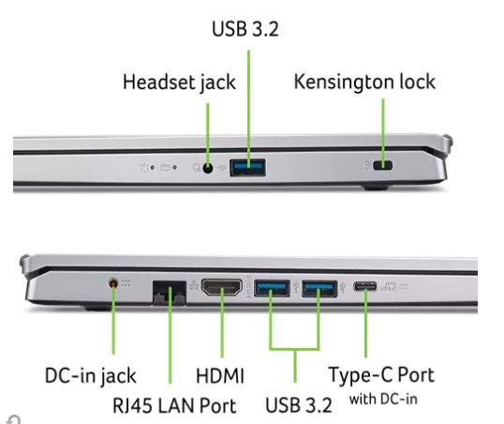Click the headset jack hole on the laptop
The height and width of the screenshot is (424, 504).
pyautogui.click(x=208, y=168)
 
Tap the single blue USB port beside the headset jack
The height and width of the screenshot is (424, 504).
pyautogui.click(x=247, y=167)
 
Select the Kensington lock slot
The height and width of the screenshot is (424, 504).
pyautogui.click(x=382, y=165)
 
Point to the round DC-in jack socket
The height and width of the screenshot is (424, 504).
pyautogui.click(x=113, y=283)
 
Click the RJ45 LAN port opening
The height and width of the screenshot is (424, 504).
pyautogui.click(x=170, y=293)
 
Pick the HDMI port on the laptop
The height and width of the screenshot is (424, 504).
pyautogui.click(x=222, y=287)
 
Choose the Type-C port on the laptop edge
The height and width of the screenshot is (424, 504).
pyautogui.click(x=365, y=286)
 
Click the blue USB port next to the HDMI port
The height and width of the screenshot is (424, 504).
pyautogui.click(x=272, y=288)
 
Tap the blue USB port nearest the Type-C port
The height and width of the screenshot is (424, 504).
pyautogui.click(x=319, y=289)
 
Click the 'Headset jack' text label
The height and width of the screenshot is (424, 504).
pyautogui.click(x=179, y=83)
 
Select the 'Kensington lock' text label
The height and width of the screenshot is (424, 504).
pyautogui.click(x=364, y=82)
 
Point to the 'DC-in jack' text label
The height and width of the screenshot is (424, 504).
pyautogui.click(x=90, y=376)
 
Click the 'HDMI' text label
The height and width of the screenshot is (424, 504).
pyautogui.click(x=220, y=376)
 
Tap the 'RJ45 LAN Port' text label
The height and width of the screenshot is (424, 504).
pyautogui.click(x=174, y=405)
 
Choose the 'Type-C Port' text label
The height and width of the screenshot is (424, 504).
pyautogui.click(x=381, y=375)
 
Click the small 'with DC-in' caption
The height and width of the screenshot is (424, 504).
pyautogui.click(x=383, y=400)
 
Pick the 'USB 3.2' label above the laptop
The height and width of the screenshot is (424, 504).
pyautogui.click(x=245, y=29)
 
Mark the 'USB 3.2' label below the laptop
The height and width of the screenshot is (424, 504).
pyautogui.click(x=299, y=405)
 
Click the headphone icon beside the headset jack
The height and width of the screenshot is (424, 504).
pyautogui.click(x=196, y=168)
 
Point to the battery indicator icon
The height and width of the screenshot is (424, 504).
pyautogui.click(x=165, y=167)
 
